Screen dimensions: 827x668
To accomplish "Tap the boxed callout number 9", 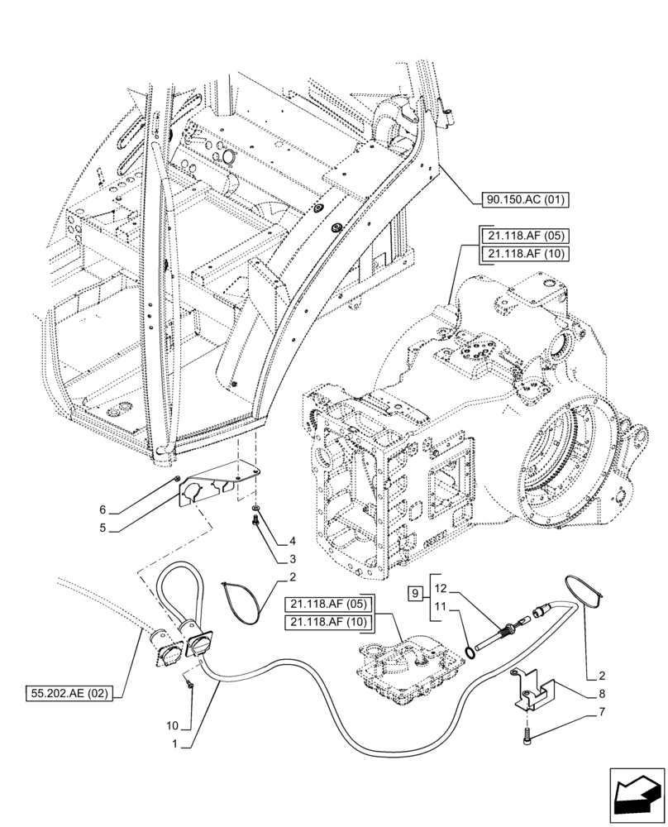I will pos(416,592).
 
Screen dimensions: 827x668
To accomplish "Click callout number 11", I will pos(441,607).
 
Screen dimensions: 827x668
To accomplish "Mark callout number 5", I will pos(103,527).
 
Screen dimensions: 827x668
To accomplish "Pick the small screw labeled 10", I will pos(190,683).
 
